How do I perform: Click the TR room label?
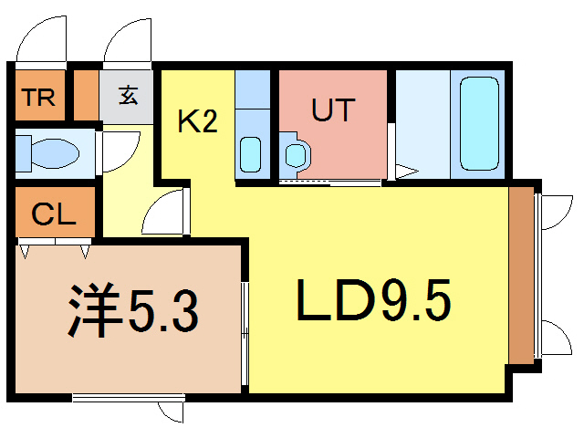coord(38,98)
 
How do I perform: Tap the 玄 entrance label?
coord(128,95)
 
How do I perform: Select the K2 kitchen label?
coord(197,121)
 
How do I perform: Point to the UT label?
coord(333,109)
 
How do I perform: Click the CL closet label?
coord(54,214)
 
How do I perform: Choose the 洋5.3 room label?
coord(133,310)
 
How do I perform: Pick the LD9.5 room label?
coord(373,300)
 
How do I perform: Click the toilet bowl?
coord(55,153)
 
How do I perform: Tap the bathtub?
coord(479,124)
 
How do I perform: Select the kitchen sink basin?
coord(250,154)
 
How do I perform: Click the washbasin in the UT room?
coord(296,154)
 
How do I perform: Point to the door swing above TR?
coord(41,38)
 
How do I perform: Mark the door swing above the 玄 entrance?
coord(128,40)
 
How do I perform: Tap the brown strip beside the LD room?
coord(521,276)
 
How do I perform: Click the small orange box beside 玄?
coord(86,95)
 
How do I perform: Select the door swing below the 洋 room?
coord(171,412)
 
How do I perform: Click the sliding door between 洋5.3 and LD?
coord(245,334)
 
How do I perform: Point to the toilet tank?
coord(23,153)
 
